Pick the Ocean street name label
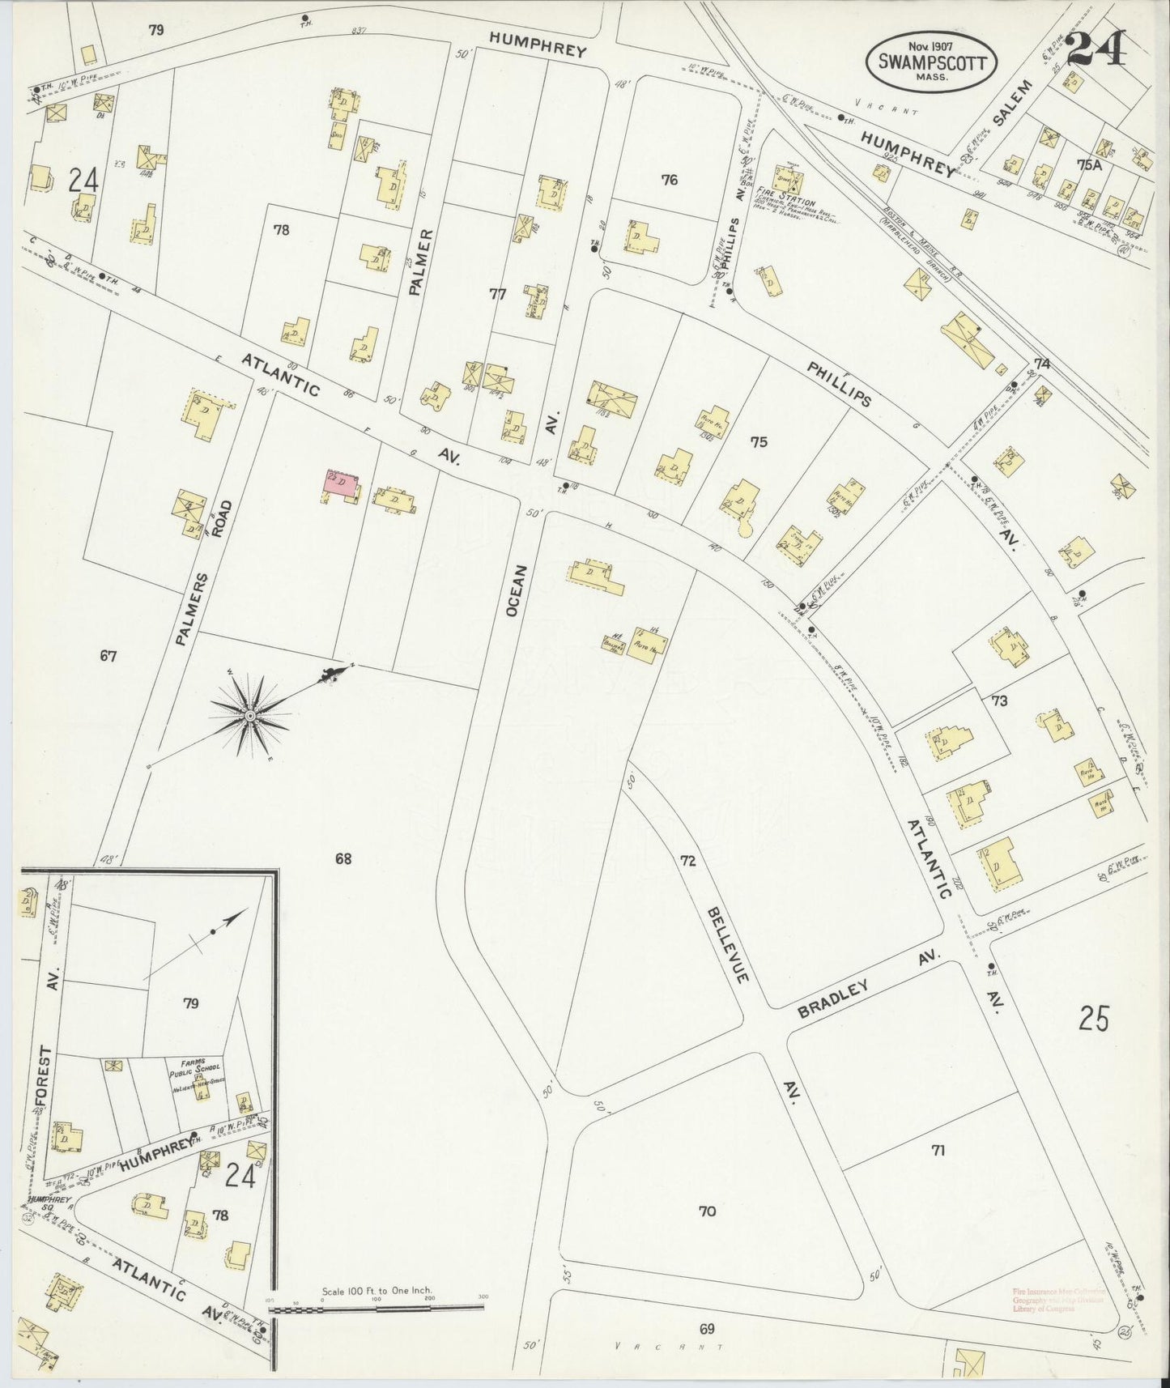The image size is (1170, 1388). [517, 591]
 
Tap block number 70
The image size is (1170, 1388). [707, 1211]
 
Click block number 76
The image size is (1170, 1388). [669, 181]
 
